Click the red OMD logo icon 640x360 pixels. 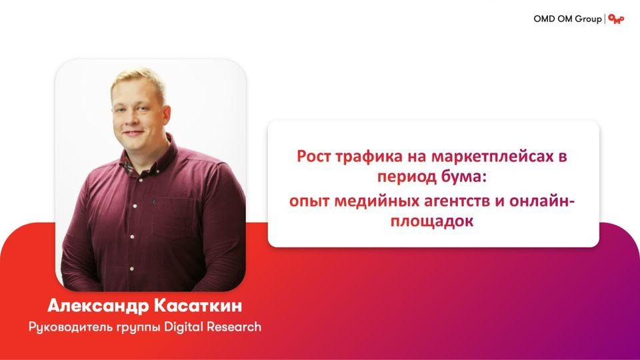click(616, 19)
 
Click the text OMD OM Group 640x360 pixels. click(567, 19)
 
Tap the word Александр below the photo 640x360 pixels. click(99, 306)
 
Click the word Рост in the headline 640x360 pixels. click(314, 156)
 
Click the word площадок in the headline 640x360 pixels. click(432, 221)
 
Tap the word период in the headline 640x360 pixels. click(407, 178)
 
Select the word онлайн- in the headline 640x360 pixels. click(543, 201)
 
